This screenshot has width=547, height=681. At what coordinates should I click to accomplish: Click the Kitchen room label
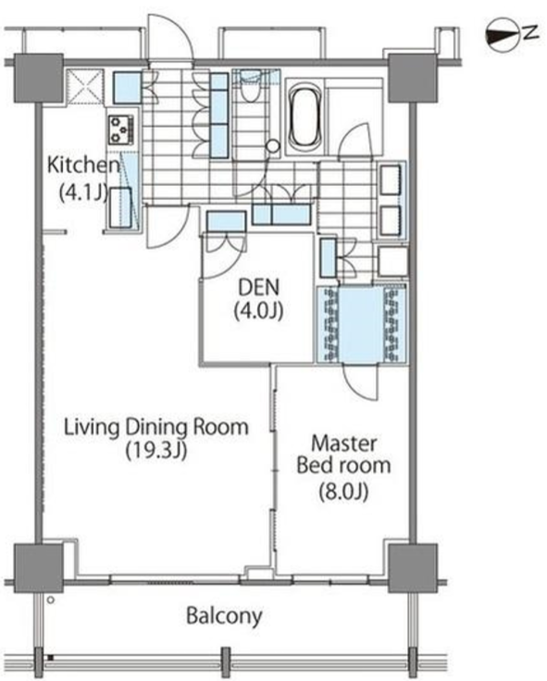83,165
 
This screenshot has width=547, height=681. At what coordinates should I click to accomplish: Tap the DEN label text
259,287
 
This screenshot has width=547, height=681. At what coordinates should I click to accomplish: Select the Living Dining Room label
156,427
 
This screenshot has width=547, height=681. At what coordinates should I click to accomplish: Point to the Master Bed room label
343,454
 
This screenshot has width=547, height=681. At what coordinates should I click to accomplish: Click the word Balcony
224,616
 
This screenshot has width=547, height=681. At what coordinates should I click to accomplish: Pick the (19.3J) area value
156,451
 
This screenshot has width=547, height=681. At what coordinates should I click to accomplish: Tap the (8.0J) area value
343,491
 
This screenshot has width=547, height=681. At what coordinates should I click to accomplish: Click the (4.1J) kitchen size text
83,192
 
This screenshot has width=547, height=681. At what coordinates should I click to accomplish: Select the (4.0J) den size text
259,311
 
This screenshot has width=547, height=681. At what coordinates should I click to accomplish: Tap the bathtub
305,117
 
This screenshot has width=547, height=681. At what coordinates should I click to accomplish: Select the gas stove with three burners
121,130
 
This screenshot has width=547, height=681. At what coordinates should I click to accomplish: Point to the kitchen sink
120,207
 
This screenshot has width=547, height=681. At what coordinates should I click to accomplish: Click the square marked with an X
85,87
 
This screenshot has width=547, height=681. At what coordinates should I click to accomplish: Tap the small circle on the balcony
51,601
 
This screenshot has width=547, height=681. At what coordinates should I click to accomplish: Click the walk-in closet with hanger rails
362,324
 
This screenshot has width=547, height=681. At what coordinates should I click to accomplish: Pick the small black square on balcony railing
50,658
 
